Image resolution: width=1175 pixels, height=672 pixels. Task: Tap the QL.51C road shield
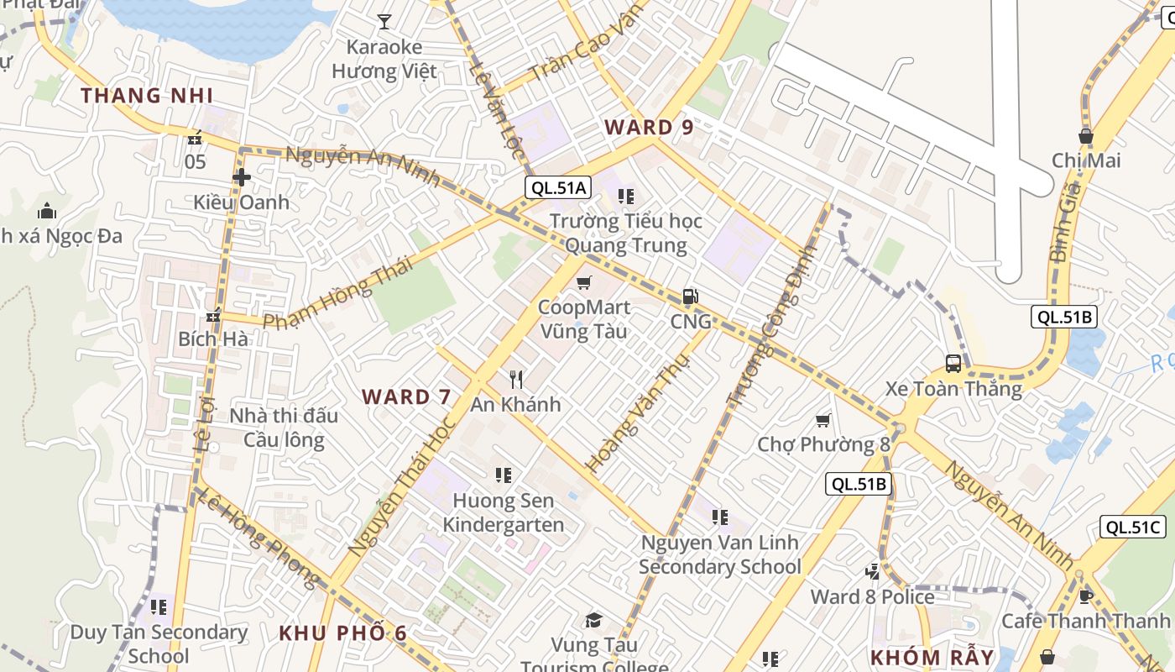[x=1133, y=527]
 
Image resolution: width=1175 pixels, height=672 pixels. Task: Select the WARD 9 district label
[x=650, y=128]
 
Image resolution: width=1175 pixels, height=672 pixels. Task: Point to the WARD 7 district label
[x=406, y=396]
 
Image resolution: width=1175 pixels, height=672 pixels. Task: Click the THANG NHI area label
[x=147, y=95]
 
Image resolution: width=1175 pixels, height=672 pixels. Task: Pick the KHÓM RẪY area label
[x=932, y=657]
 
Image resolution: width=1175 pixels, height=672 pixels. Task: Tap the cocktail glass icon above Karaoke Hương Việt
[x=384, y=21]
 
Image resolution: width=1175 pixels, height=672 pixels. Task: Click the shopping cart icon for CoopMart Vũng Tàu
[x=584, y=282]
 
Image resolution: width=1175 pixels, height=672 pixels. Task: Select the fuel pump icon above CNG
[x=690, y=296]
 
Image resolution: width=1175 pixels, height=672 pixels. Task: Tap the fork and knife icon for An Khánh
[x=516, y=380]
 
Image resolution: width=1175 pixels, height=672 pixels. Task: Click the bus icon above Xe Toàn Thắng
[x=953, y=363]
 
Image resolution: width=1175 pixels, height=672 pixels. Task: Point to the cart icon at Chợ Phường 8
[x=823, y=419]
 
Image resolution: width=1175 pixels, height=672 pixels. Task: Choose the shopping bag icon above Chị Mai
[x=1086, y=135]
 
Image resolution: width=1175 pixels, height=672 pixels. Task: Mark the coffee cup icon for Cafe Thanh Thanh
[x=1085, y=596]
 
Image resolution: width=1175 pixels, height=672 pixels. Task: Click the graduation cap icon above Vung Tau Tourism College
[x=594, y=621]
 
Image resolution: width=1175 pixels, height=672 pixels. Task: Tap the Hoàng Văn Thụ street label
[x=637, y=412]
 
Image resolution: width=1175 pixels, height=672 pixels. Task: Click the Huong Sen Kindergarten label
[x=503, y=512]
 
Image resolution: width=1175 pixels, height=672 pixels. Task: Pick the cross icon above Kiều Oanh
[x=242, y=177]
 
